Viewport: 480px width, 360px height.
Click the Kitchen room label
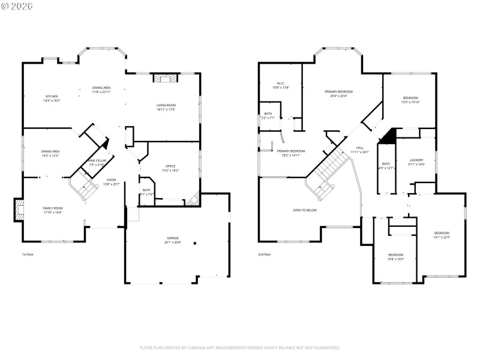pos(52,98)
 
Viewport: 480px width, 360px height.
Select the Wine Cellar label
pos(97,161)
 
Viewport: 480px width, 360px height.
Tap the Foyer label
pos(112,181)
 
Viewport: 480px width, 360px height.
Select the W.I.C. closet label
pos(281,85)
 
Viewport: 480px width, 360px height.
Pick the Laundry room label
pos(416,161)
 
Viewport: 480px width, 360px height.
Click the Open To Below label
pos(305,211)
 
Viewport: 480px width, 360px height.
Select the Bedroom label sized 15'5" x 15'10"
pos(410,100)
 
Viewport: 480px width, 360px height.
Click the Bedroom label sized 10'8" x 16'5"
pos(396,256)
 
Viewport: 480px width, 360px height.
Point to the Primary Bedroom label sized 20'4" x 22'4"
pos(336,93)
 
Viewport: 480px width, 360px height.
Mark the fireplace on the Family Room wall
pos(19,210)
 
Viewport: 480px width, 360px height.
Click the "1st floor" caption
pos(28,254)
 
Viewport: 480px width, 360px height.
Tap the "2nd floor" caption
pos(265,254)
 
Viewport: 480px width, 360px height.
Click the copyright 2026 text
pos(17,7)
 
